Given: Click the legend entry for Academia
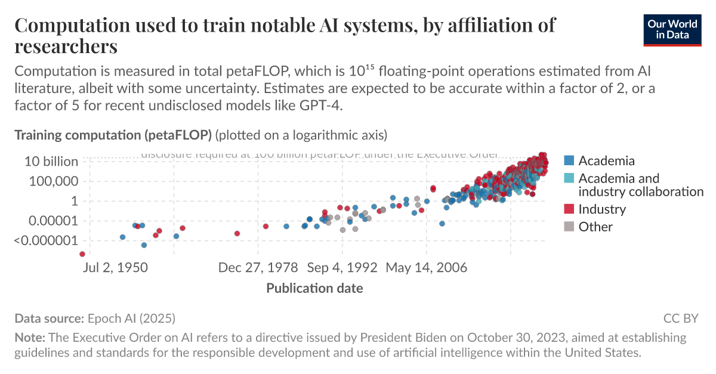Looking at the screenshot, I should [x=606, y=160].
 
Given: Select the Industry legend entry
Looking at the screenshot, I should [x=601, y=209].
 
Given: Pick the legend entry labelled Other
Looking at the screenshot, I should [x=595, y=227].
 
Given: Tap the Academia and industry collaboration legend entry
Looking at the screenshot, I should [x=640, y=184].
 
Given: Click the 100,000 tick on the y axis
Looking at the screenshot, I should [x=54, y=181].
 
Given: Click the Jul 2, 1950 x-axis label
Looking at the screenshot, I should [x=116, y=267].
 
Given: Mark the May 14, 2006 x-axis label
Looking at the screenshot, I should [x=426, y=267].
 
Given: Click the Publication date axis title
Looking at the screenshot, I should [x=314, y=289].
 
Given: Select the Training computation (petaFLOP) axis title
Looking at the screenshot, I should [x=113, y=135].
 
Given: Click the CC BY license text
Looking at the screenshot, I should [x=681, y=318].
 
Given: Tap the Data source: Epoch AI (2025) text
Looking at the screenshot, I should [x=95, y=318].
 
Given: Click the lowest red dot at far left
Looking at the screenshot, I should [x=82, y=254].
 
